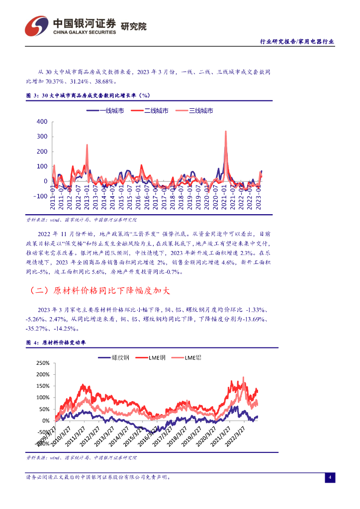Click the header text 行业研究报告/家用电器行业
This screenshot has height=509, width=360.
click(x=297, y=42)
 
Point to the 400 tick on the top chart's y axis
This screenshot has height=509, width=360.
click(x=42, y=122)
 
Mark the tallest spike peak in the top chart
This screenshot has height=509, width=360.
click(x=226, y=131)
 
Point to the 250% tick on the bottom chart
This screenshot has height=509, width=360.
click(x=44, y=363)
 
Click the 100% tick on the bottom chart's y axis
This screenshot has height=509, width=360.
click(x=44, y=398)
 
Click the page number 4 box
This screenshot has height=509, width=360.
click(x=329, y=478)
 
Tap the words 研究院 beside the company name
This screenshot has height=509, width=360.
click(x=134, y=26)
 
